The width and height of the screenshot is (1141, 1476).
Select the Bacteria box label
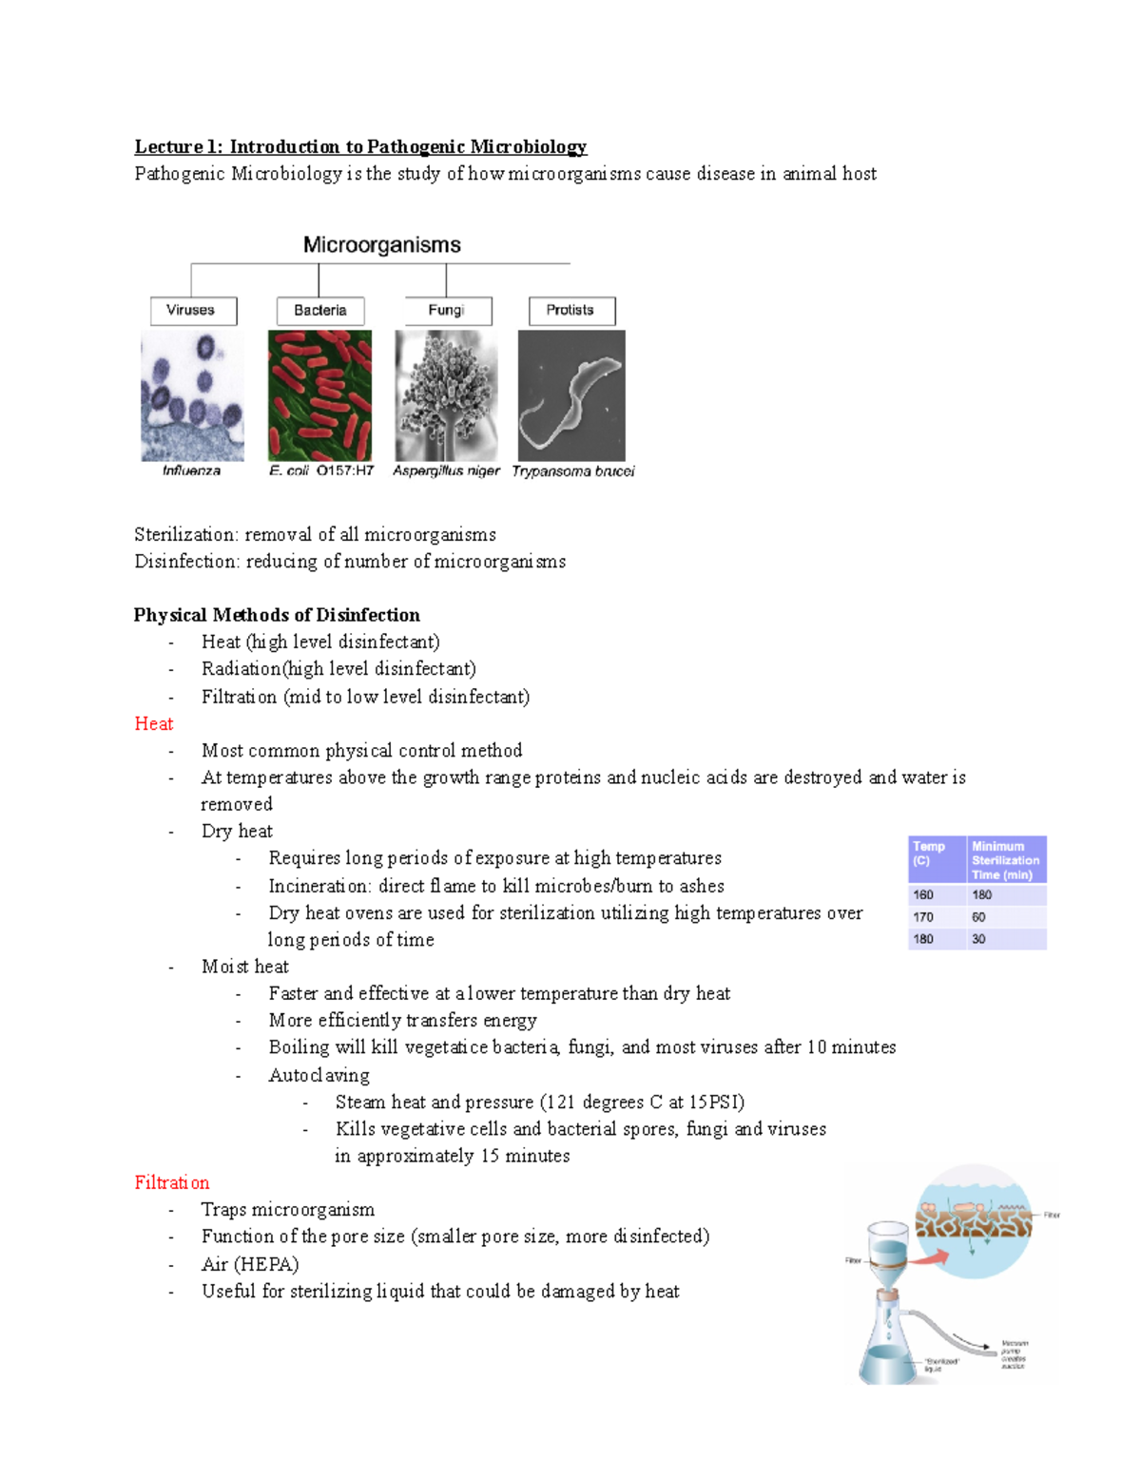coord(320,311)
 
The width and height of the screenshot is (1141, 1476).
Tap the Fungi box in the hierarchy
coord(447,311)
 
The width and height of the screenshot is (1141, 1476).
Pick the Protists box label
coord(570,311)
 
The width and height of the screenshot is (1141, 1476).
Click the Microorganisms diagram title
coord(381,245)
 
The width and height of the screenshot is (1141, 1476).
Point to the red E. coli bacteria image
coord(319,395)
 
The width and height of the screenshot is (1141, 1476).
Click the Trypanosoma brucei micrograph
coord(571,395)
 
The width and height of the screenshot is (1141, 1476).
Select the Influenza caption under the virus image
coord(191,470)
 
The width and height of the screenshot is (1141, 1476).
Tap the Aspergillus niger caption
coord(446,470)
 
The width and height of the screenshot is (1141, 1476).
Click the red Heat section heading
coord(153,724)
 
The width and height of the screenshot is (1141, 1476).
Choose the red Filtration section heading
coord(171,1183)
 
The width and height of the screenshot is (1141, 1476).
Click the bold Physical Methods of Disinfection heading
coord(277,615)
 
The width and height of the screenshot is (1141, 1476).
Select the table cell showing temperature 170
coord(923,917)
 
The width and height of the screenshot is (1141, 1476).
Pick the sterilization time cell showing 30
coord(978,939)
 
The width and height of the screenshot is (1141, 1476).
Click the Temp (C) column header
coord(930,853)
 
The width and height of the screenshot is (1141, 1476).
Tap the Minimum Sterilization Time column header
coord(1005,860)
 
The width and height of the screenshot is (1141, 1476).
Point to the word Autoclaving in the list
coord(319,1075)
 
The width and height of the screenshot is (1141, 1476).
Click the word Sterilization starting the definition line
coord(185,535)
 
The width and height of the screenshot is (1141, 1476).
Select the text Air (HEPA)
coord(249,1264)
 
